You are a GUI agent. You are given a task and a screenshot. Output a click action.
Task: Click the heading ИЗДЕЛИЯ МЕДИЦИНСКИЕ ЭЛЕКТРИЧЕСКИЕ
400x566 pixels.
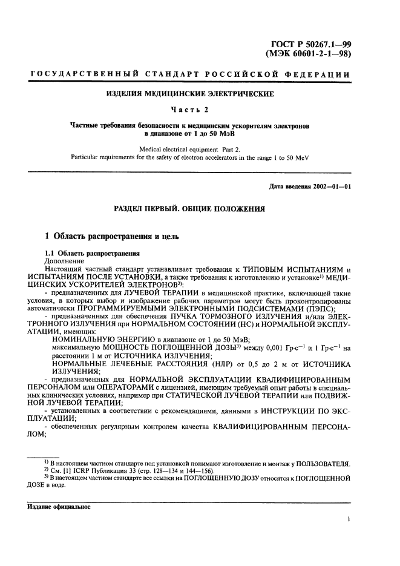(191, 94)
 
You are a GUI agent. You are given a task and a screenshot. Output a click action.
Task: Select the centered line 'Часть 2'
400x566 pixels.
(191, 110)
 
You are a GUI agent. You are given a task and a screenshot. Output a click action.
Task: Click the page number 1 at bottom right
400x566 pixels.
(350, 519)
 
